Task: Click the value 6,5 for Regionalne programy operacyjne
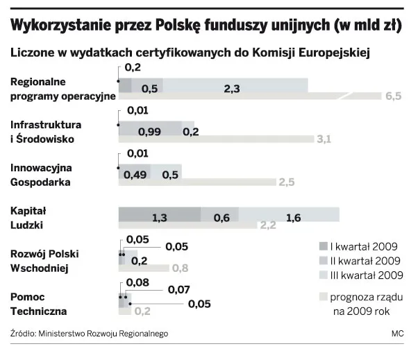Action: pyautogui.click(x=394, y=96)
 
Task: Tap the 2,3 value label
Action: pyautogui.click(x=233, y=88)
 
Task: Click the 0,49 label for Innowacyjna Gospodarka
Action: pyautogui.click(x=135, y=174)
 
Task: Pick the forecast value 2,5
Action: pyautogui.click(x=287, y=182)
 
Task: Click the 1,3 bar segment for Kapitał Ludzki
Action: pyautogui.click(x=159, y=218)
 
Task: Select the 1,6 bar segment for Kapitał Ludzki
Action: pyautogui.click(x=293, y=218)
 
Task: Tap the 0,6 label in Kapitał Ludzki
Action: pyautogui.click(x=221, y=218)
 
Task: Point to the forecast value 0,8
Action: pyautogui.click(x=180, y=268)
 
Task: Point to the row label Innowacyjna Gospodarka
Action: pyautogui.click(x=41, y=174)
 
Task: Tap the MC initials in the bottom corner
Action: pyautogui.click(x=397, y=334)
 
